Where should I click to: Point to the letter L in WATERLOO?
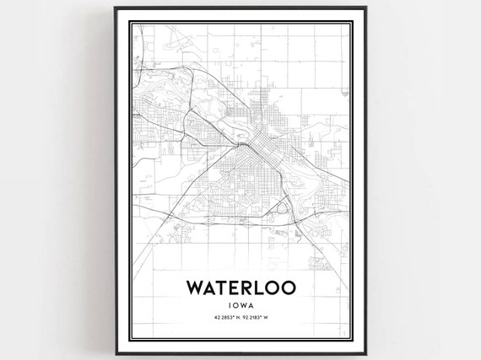coord(262,288)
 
